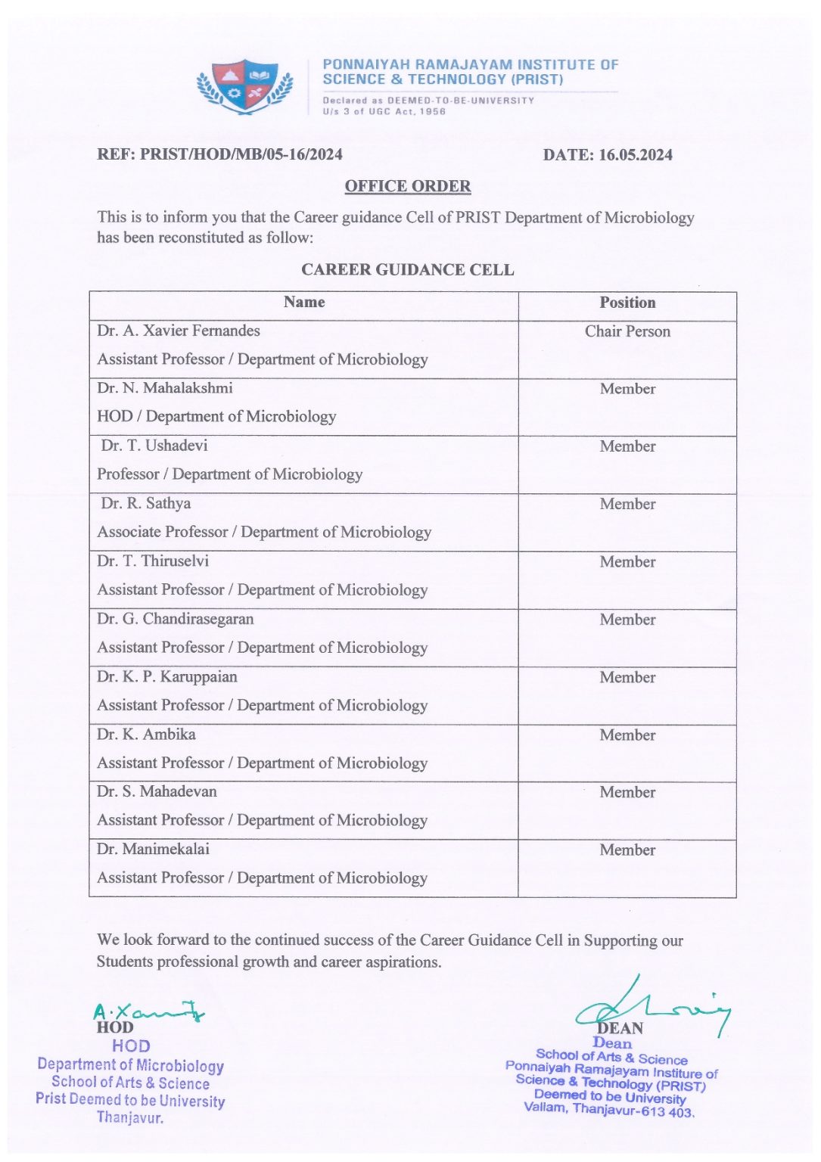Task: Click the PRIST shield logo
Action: (x=244, y=86)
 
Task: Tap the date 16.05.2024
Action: (x=636, y=155)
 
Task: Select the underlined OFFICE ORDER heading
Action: (x=408, y=186)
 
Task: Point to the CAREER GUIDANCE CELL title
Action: (x=407, y=270)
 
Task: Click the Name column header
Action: (x=304, y=303)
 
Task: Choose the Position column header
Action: (x=627, y=303)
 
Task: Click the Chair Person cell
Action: (x=627, y=331)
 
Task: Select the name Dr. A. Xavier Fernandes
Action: (x=179, y=331)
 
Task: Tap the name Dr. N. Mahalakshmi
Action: (x=165, y=388)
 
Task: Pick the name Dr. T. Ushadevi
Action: (x=154, y=446)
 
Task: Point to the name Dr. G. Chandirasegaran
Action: (x=176, y=619)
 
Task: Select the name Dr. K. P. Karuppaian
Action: (x=167, y=676)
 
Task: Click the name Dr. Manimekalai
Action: (x=154, y=849)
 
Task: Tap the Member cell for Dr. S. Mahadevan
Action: (x=627, y=792)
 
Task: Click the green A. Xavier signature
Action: (x=148, y=1012)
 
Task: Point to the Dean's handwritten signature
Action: (x=651, y=1007)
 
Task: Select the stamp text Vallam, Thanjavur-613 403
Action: (x=609, y=1110)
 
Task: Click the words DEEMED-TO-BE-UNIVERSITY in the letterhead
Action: (x=461, y=101)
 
